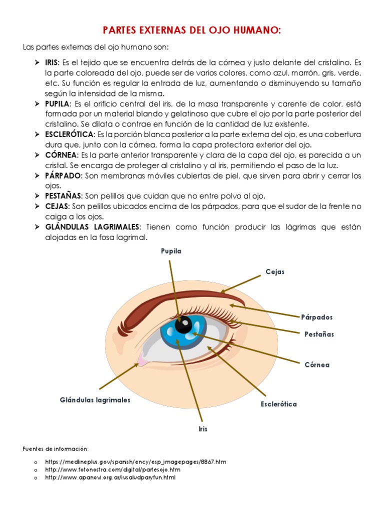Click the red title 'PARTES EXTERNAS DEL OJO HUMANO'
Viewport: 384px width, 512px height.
[192, 30]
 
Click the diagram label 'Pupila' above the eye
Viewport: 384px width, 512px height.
[171, 251]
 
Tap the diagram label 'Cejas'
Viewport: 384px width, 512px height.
[275, 271]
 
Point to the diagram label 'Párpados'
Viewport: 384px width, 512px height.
[316, 317]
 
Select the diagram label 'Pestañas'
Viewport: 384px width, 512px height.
[319, 334]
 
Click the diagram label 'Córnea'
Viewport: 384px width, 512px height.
[317, 365]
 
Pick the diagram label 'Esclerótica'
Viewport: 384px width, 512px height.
[278, 404]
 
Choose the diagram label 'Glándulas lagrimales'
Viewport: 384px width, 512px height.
[95, 400]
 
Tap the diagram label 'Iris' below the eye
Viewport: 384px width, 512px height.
[202, 429]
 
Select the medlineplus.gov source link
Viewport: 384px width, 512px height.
[135, 462]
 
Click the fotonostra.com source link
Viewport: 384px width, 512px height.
[112, 470]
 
